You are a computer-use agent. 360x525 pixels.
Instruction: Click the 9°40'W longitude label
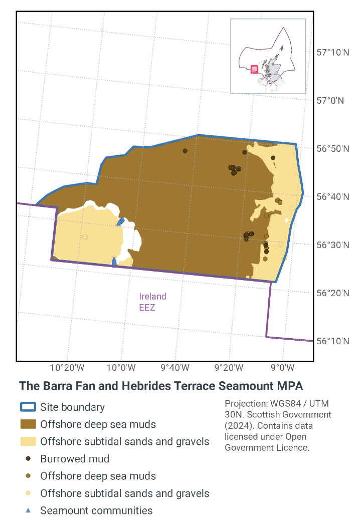click(174, 368)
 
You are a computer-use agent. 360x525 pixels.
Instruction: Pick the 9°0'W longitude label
click(282, 368)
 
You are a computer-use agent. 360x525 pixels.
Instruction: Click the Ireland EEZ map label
click(152, 301)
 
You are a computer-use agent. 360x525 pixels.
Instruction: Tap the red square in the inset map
click(254, 69)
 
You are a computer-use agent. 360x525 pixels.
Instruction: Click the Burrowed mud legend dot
click(28, 459)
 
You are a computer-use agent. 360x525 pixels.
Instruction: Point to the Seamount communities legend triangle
click(28, 511)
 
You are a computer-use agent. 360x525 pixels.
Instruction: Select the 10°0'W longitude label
click(121, 368)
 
